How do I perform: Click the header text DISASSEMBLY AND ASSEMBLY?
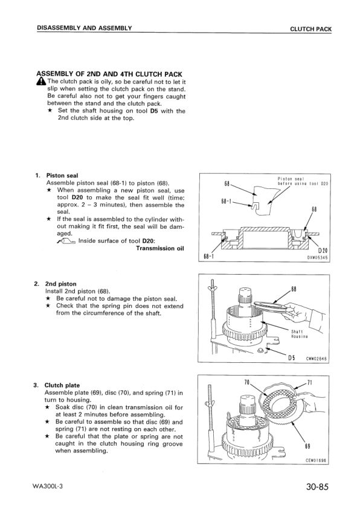(85, 28)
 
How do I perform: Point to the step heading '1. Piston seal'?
(57, 176)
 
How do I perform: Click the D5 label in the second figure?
(291, 355)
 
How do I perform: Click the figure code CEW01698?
(316, 459)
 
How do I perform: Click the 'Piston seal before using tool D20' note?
(302, 181)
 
